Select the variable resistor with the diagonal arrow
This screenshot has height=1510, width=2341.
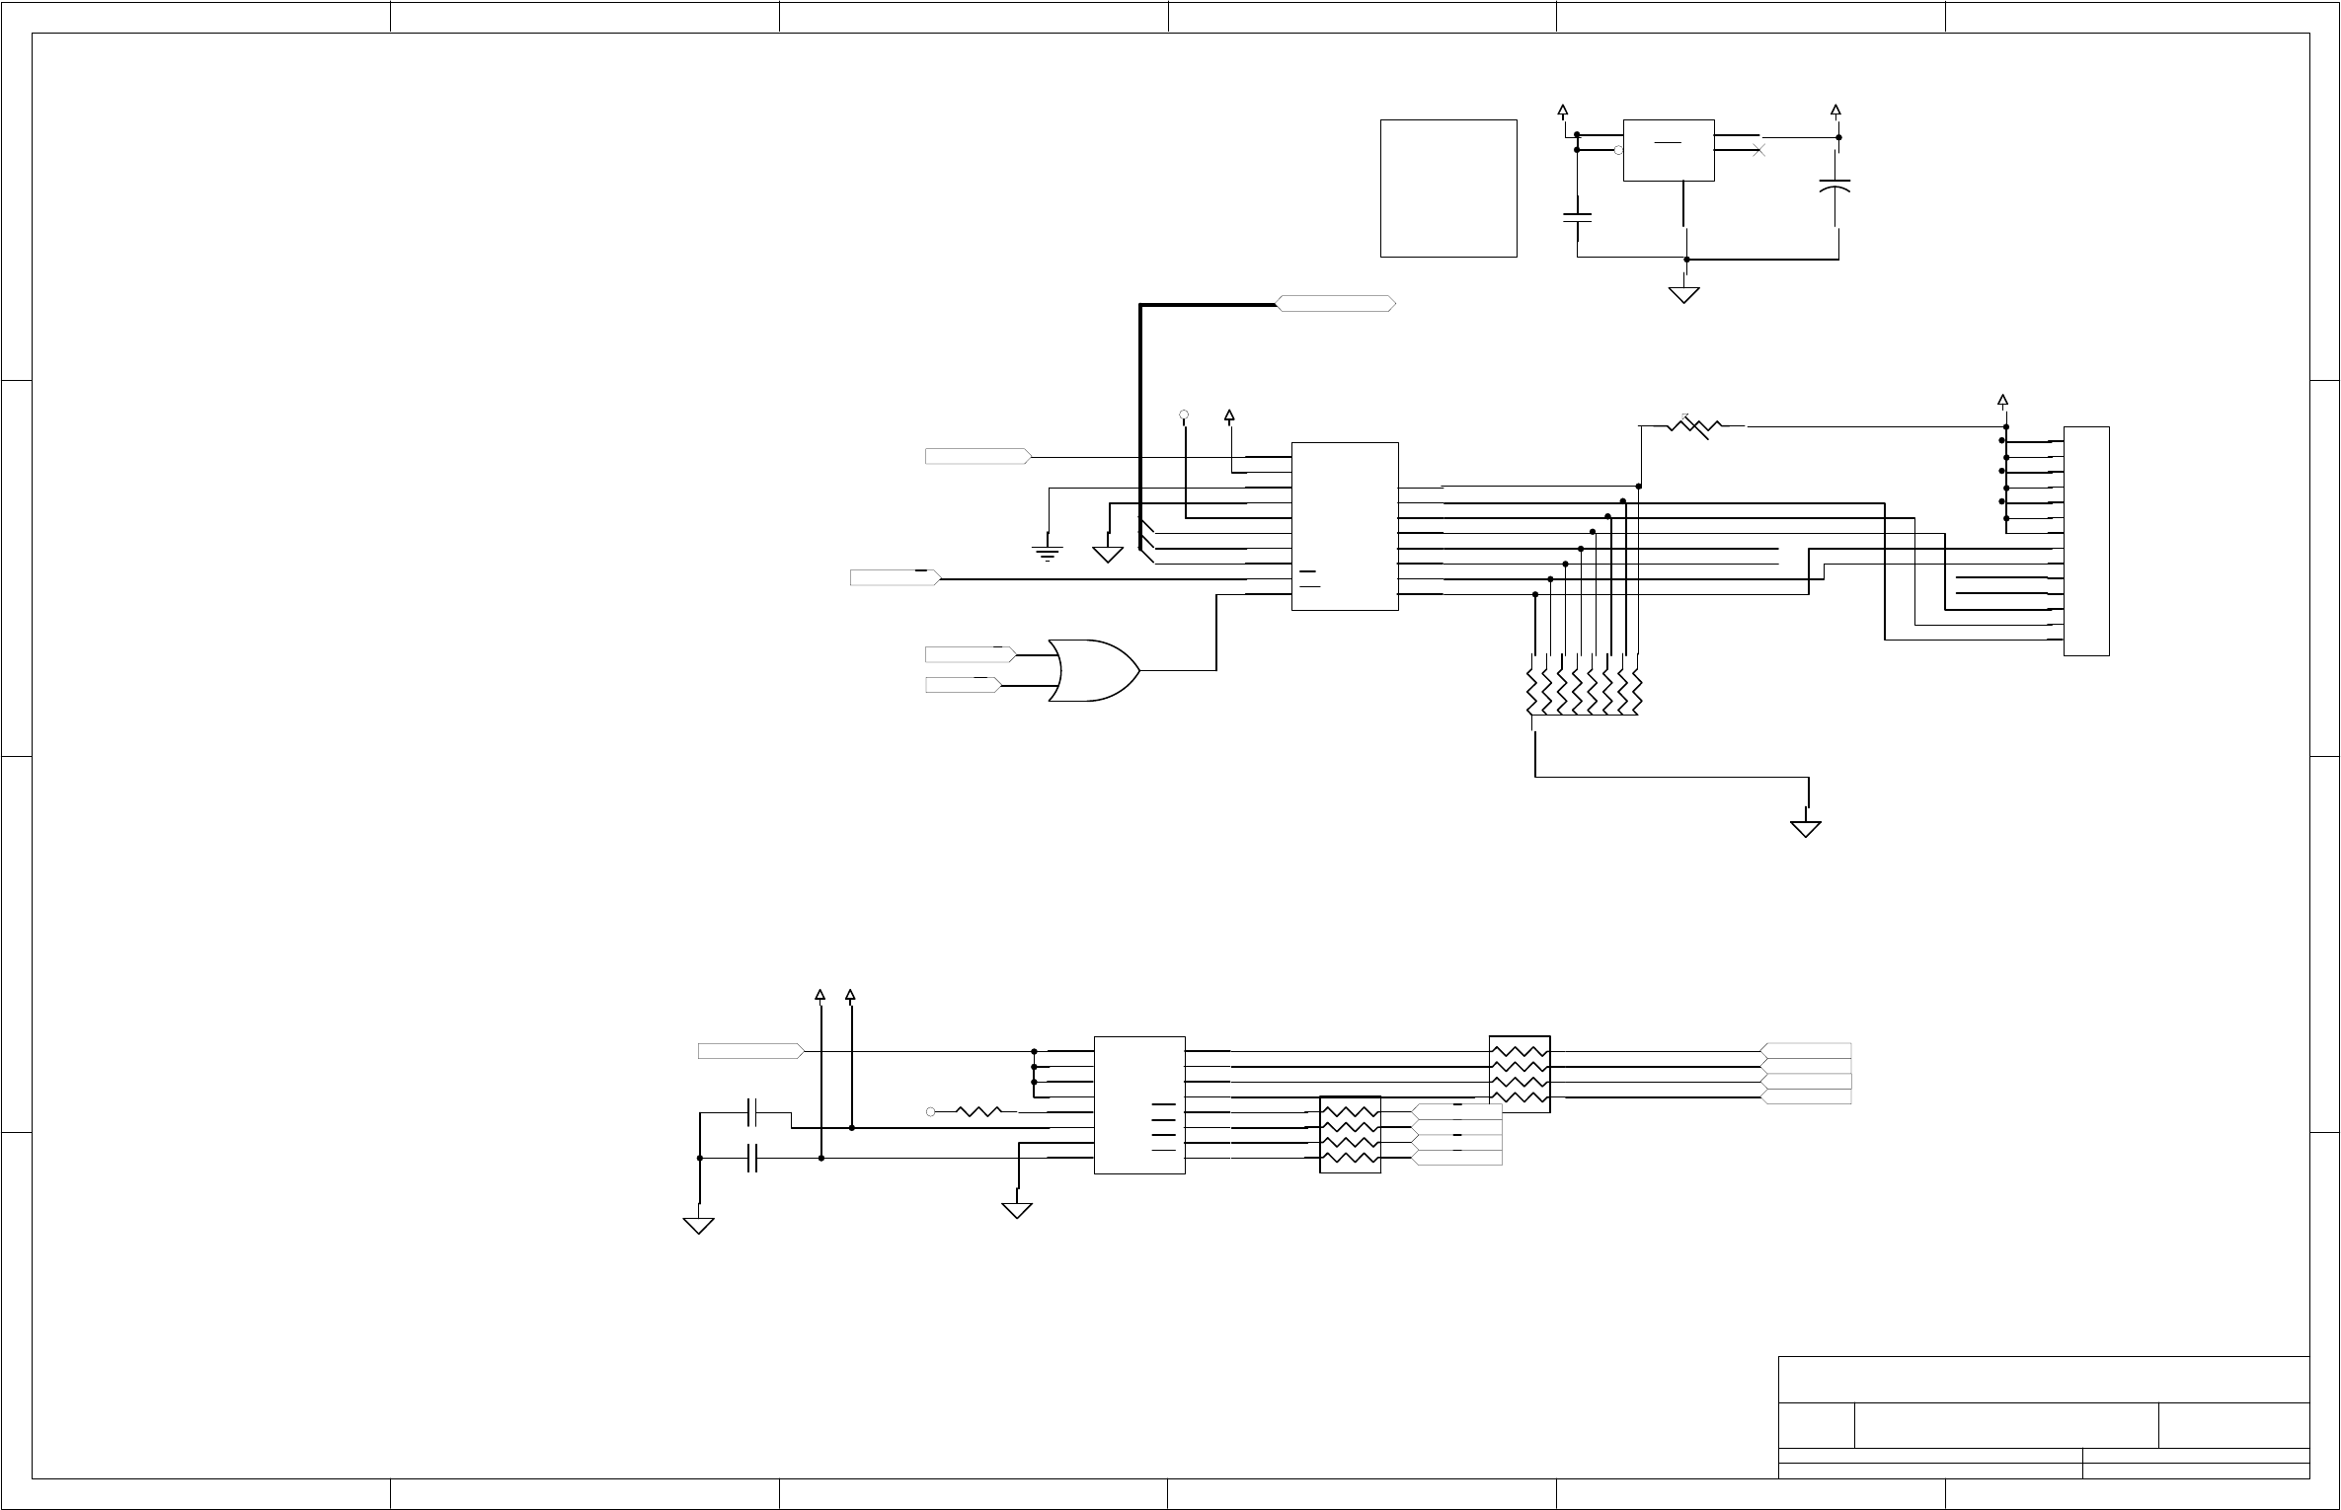(x=1693, y=426)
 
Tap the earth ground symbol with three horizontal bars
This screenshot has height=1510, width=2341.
(x=1047, y=553)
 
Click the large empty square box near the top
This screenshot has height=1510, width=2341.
(x=1448, y=189)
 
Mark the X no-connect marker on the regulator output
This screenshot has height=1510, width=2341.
(x=1757, y=151)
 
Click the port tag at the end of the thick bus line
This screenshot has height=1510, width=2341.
(x=1336, y=304)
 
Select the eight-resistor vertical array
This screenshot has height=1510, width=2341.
(x=1585, y=684)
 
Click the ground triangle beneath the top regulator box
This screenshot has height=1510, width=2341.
(x=1683, y=294)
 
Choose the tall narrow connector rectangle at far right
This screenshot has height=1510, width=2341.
(x=2086, y=541)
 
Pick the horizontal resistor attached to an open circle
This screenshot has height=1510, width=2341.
(x=979, y=1111)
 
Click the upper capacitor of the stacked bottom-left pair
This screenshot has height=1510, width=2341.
(x=753, y=1112)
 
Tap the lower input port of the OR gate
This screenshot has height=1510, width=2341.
(x=963, y=685)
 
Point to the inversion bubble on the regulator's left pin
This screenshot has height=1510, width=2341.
(x=1618, y=150)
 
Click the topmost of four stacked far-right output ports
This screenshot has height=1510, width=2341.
(x=1806, y=1051)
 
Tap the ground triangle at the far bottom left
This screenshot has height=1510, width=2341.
(x=699, y=1225)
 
